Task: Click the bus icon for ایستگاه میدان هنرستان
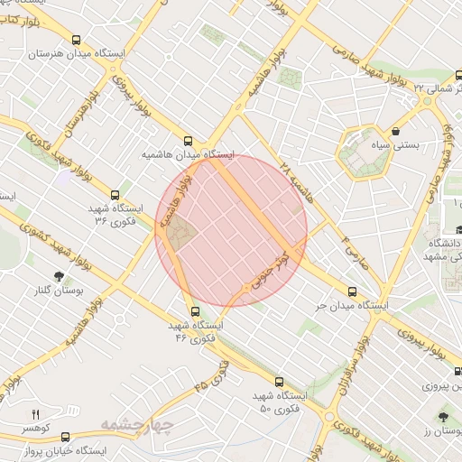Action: (x=77, y=41)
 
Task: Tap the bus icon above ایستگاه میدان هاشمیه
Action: (x=188, y=141)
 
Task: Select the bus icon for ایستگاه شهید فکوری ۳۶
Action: (x=115, y=194)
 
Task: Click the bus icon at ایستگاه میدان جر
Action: (x=352, y=291)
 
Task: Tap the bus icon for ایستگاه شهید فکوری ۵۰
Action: (x=279, y=382)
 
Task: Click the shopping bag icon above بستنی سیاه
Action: (x=396, y=131)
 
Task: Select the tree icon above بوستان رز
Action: (x=442, y=417)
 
